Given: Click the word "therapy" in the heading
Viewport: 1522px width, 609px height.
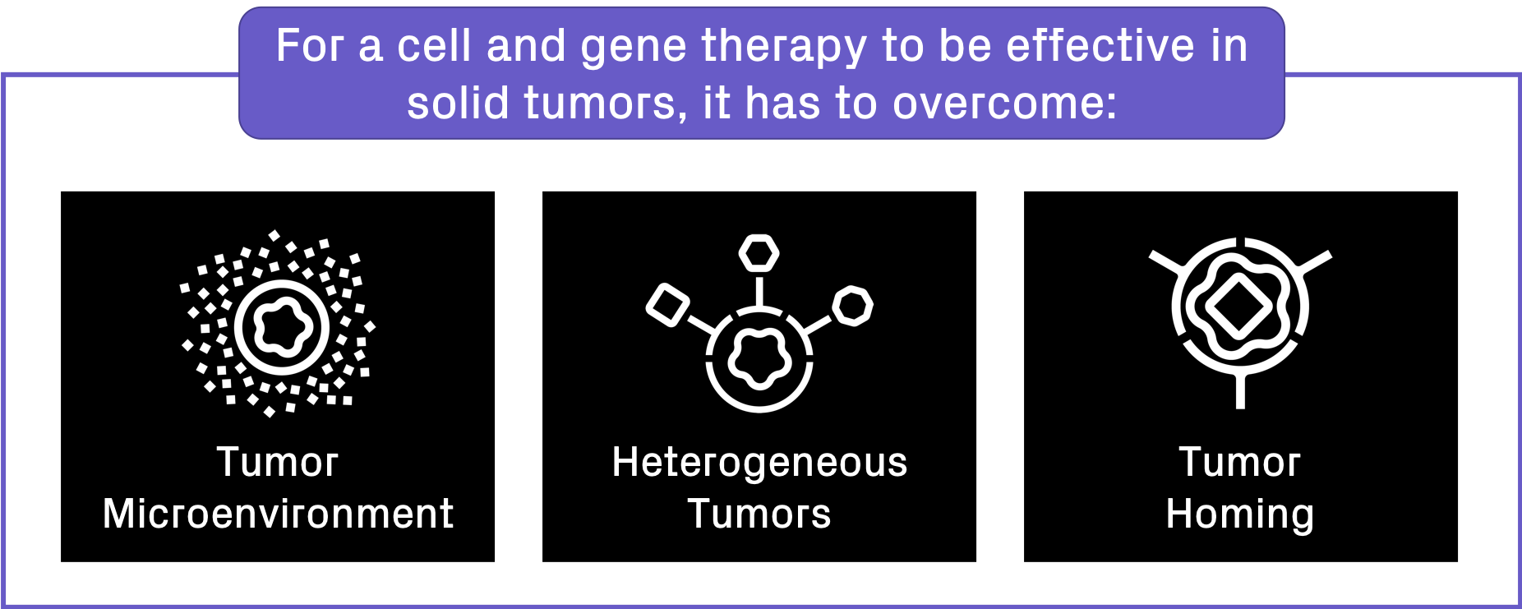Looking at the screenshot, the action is pos(783,48).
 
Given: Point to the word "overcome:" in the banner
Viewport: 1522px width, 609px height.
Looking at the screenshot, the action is pos(1005,103).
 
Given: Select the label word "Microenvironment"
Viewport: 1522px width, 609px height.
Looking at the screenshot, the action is pos(278,514).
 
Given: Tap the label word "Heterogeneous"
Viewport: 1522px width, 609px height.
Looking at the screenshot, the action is pos(759,463).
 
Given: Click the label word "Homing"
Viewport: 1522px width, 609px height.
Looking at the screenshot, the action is pos(1240,515).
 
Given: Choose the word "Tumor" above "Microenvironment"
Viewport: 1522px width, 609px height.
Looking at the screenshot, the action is pos(278,462).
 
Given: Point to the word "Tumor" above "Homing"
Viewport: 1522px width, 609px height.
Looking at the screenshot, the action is pos(1240,462).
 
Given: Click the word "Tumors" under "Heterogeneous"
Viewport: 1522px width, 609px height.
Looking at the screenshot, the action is pos(759,514).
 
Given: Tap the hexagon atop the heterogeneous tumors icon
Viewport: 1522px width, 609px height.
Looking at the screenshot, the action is pos(759,253).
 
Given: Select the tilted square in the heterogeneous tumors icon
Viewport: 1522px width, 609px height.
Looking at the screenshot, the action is pos(668,304).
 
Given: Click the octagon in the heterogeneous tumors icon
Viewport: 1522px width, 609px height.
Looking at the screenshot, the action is pos(852,306).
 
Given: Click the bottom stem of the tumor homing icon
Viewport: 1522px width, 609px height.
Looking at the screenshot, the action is pos(1240,390).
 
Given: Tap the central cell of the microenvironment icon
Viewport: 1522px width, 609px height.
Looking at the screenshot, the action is pos(282,327).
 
